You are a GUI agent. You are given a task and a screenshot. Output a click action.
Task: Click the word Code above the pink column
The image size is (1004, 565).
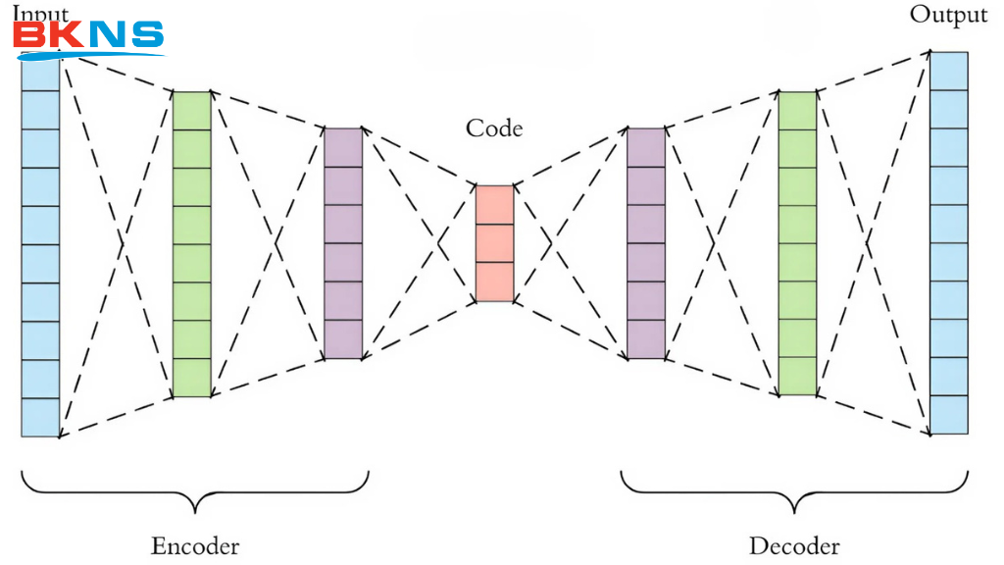(x=493, y=128)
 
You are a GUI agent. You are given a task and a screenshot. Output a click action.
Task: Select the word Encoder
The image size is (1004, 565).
(x=195, y=544)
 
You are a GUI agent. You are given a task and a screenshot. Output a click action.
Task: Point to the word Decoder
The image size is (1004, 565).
(x=794, y=544)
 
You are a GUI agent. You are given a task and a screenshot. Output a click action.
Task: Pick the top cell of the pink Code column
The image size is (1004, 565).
(x=494, y=205)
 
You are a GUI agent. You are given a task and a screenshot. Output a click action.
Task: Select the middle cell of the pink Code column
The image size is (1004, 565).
(x=494, y=243)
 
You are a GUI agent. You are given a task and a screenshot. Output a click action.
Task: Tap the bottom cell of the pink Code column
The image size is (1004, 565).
(x=494, y=282)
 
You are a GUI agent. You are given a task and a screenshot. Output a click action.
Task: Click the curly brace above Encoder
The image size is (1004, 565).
(x=195, y=490)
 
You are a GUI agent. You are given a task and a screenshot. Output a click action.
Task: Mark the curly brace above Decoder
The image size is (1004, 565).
(x=794, y=490)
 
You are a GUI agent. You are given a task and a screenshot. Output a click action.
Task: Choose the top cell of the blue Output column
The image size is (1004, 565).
(x=948, y=71)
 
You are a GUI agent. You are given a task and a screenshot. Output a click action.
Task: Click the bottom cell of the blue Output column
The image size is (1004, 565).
(x=948, y=415)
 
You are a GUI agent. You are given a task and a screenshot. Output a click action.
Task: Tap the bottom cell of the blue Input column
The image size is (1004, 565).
(x=40, y=417)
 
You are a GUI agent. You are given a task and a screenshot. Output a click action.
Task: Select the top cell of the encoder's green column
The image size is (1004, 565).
(x=191, y=111)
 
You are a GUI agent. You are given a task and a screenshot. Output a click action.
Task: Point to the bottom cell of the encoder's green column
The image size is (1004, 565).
(x=191, y=378)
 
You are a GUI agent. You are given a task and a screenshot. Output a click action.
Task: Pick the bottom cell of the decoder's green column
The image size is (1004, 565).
(x=797, y=377)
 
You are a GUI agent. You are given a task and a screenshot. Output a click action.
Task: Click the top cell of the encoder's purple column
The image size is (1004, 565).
(x=343, y=147)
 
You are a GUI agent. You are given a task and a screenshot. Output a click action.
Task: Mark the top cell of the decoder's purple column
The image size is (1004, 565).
(x=646, y=147)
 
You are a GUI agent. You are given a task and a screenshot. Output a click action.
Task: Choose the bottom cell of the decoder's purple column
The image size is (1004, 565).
(x=646, y=339)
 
